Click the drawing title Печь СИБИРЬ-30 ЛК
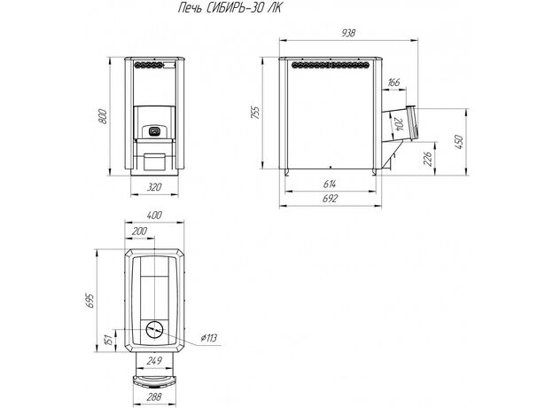tap(230, 8)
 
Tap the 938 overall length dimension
tap(348, 33)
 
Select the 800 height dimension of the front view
tap(102, 116)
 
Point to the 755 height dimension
tap(255, 113)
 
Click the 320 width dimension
tap(154, 187)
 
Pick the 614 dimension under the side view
tap(330, 184)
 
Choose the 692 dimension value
tap(330, 199)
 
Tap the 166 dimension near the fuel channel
tap(393, 82)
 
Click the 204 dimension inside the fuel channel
tap(399, 124)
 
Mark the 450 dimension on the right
tap(458, 142)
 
